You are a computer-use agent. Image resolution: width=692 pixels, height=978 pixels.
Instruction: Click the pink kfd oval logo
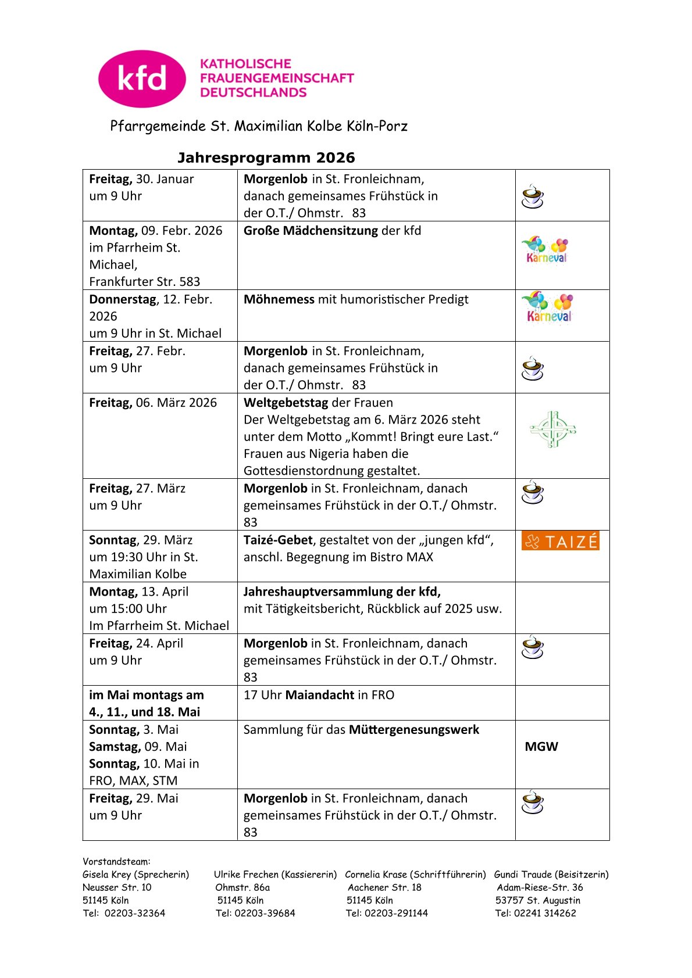coord(142,78)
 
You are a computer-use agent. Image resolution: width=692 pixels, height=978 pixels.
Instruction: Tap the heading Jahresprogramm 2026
coord(266,157)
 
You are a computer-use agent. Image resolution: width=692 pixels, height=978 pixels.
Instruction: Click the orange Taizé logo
coord(560,541)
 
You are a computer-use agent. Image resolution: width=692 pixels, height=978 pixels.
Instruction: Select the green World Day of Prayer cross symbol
coord(552,429)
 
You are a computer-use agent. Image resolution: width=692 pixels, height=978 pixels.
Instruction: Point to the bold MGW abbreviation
coord(541,747)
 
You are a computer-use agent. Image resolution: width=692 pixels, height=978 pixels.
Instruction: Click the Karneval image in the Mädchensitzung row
coord(545,250)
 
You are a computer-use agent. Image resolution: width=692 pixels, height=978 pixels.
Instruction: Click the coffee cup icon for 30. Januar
coord(532,196)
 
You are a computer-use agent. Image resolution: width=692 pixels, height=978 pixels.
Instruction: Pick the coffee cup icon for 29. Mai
coord(532,802)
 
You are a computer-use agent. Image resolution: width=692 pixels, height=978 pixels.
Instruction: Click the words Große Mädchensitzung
coord(311,231)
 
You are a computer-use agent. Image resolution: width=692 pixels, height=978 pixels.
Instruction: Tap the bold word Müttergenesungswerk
coord(413,730)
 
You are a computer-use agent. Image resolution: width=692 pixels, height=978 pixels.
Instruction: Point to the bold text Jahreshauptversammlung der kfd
coord(342,592)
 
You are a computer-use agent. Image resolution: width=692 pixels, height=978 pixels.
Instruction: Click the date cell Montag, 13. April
coord(139,592)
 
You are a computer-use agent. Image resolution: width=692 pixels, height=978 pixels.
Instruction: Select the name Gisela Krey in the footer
coord(107,875)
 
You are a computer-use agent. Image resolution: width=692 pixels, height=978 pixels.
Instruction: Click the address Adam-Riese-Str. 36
coord(540,887)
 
